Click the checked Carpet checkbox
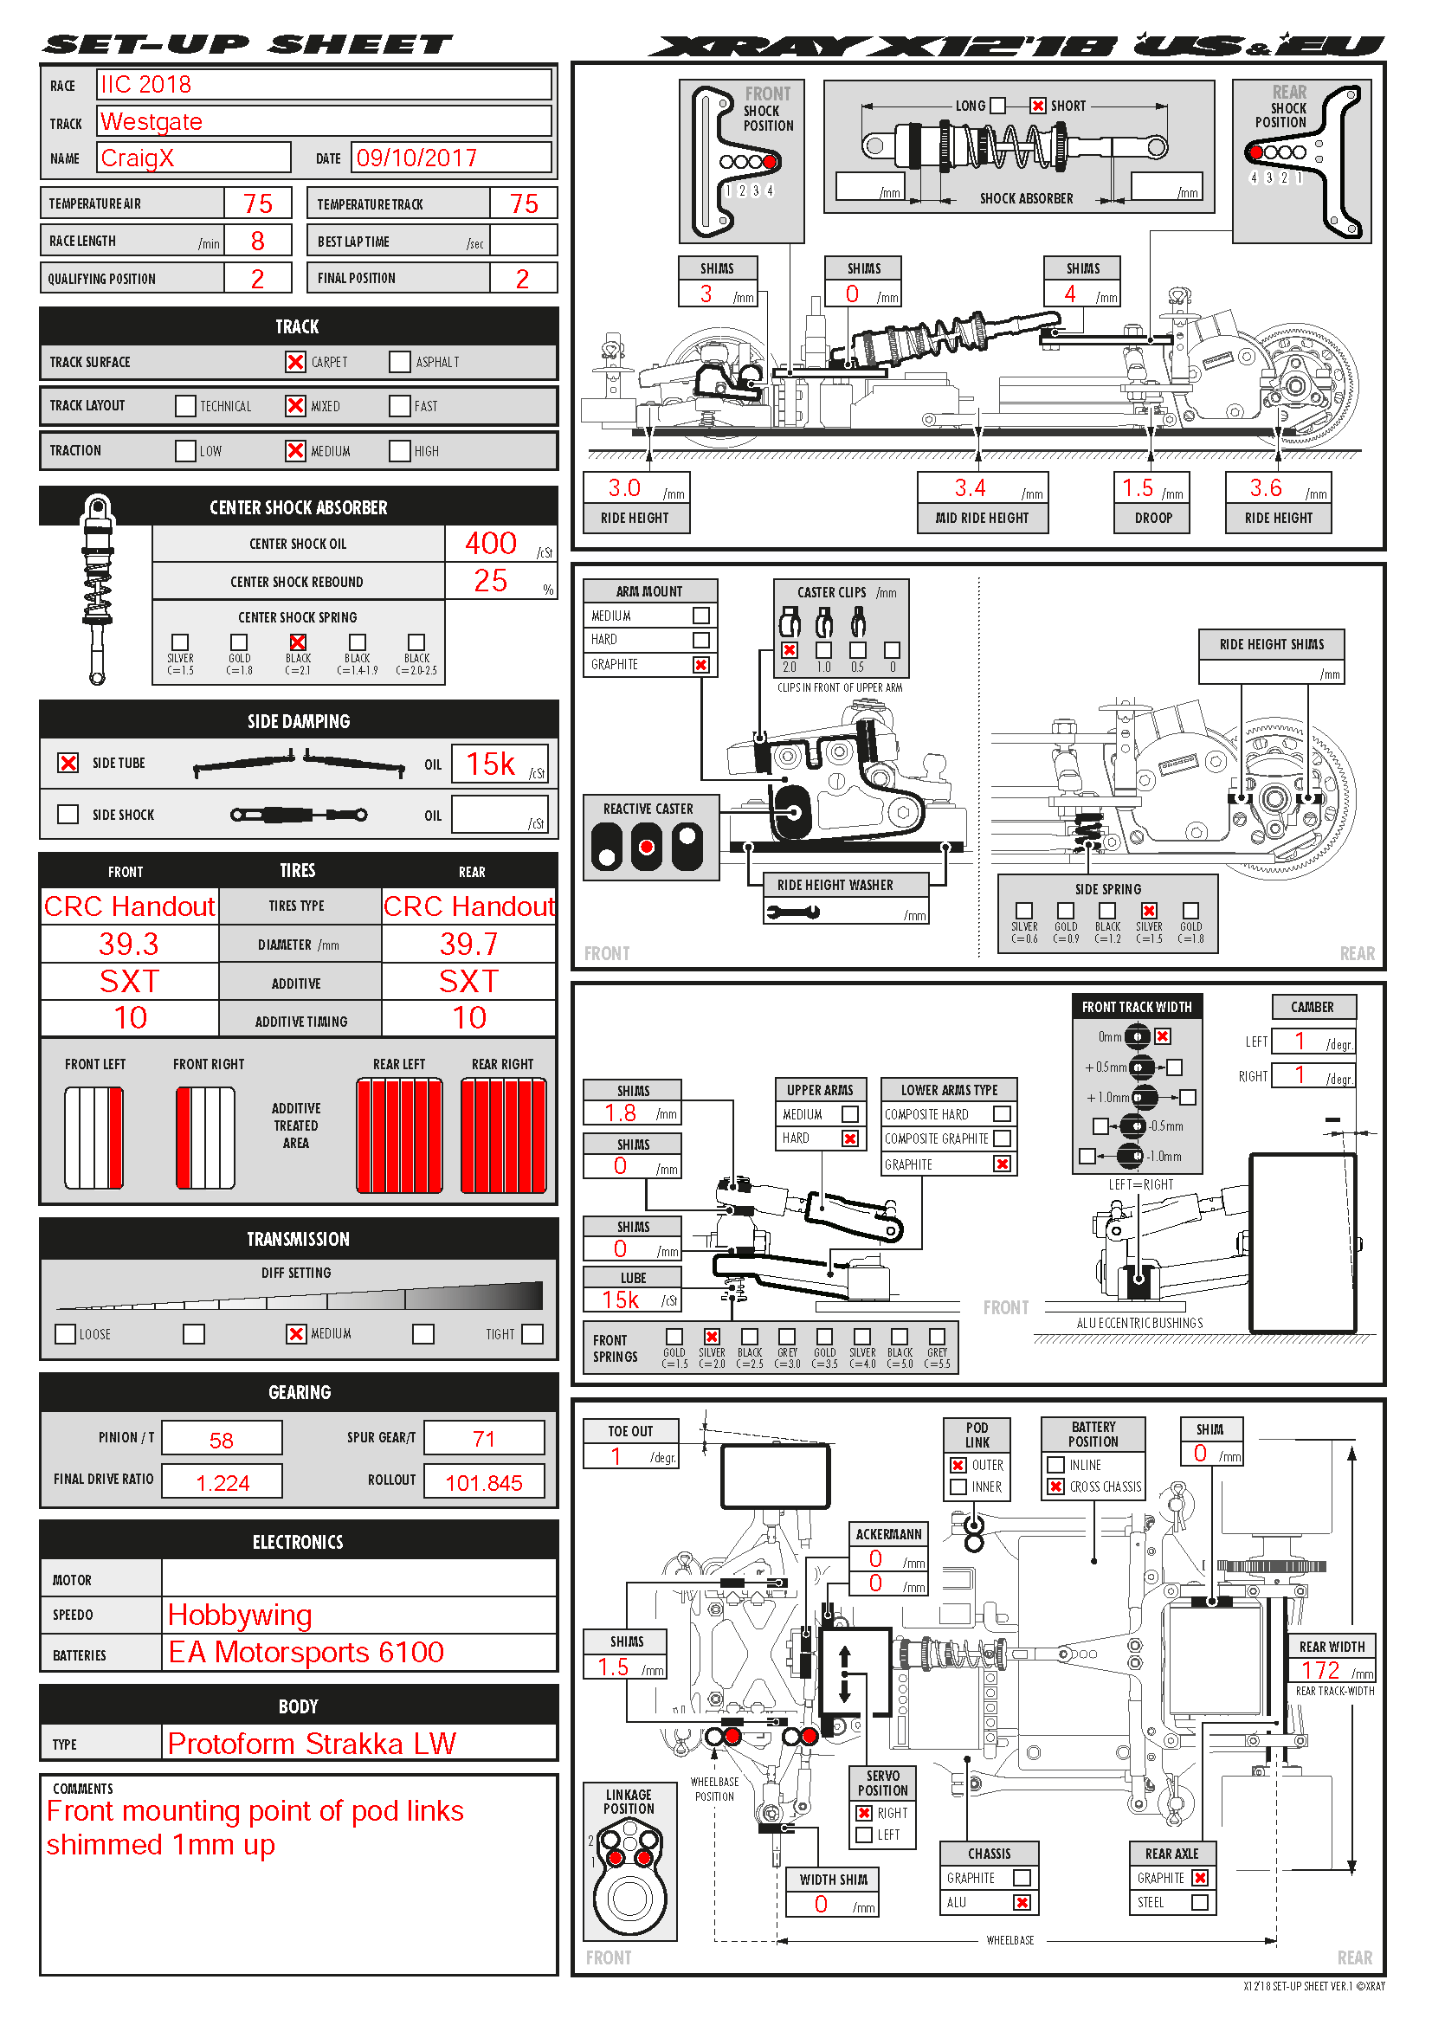point(295,362)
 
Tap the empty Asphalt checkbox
point(399,362)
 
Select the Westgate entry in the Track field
point(152,122)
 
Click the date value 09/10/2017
point(416,158)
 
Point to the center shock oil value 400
point(490,544)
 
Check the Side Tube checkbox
point(68,763)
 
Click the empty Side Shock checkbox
point(68,814)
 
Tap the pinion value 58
point(222,1441)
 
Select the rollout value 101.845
point(483,1482)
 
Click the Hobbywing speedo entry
point(240,1615)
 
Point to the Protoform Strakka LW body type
point(312,1744)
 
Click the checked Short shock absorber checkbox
point(1038,106)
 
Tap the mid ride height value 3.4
point(970,487)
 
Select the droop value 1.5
point(1138,487)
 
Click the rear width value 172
point(1320,1670)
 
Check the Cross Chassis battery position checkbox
point(1055,1487)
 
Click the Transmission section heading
point(298,1239)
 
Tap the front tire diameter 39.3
point(129,945)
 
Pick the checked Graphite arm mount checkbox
point(701,665)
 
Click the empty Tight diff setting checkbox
point(532,1333)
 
